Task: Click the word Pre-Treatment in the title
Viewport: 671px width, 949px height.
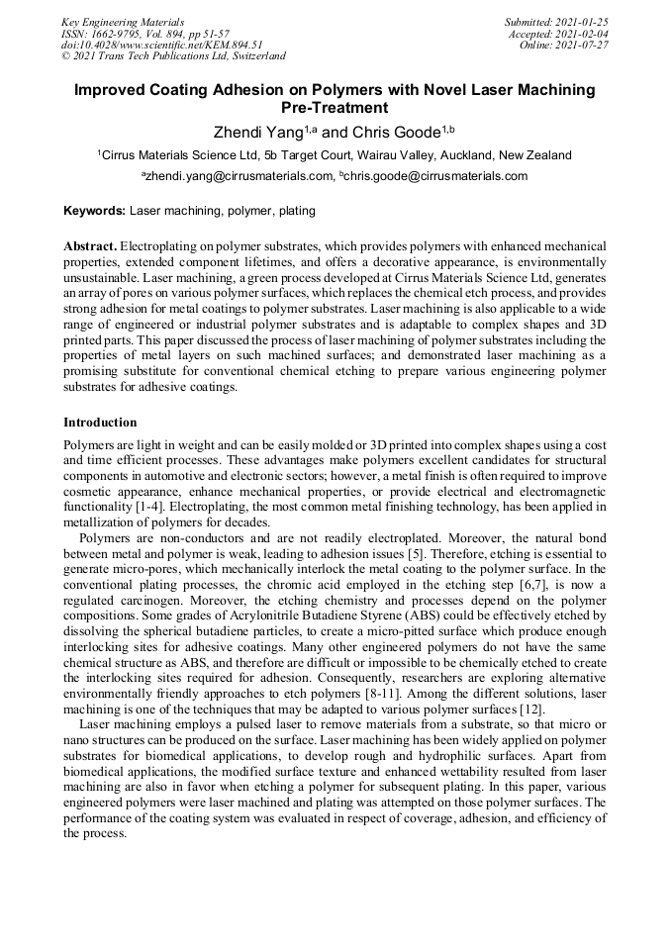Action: (335, 108)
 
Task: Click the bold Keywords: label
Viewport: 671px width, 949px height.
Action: (95, 211)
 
